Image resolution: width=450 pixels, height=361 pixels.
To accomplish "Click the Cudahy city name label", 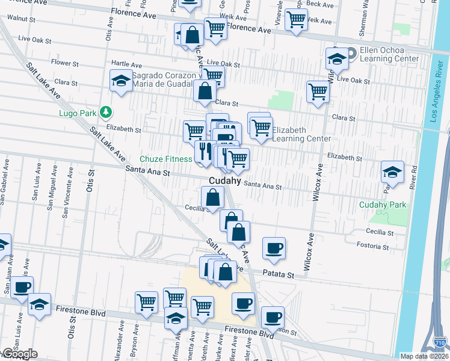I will pos(225,180).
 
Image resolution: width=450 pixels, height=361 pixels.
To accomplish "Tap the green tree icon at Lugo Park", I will pos(106,111).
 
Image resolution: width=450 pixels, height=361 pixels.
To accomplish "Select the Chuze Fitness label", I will pos(165,159).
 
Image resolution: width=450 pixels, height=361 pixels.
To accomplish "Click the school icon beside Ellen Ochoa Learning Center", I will pos(336,58).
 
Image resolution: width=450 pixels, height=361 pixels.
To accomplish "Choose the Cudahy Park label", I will pos(382,205).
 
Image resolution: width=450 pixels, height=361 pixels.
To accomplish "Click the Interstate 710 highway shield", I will pos(439,343).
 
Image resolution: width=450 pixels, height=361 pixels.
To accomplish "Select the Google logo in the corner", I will pos(19,354).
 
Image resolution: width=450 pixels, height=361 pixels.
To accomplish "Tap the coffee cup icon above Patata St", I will pos(274,248).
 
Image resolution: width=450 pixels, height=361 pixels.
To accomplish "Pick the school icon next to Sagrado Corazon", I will pos(121,81).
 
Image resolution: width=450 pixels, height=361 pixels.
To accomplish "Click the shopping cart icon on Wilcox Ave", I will pos(317,92).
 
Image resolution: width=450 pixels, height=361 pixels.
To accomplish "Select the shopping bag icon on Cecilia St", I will pos(212,197).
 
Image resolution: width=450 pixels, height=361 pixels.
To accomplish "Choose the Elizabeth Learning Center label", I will pos(301,134).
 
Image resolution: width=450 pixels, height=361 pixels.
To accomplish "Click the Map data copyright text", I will pos(424,356).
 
